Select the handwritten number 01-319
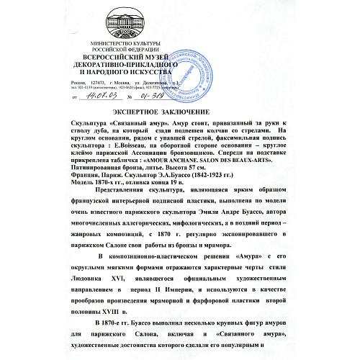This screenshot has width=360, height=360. (x=157, y=94)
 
